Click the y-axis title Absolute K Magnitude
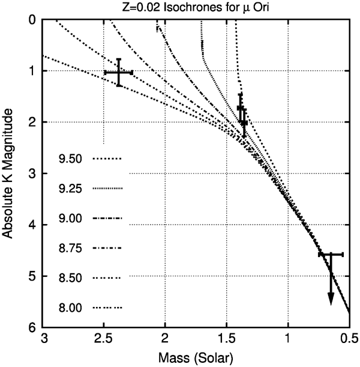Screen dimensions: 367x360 tap(9, 174)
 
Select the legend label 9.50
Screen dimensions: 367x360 tap(73, 160)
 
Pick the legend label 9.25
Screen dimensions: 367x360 tap(73, 189)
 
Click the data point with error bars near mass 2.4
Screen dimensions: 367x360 tap(119, 73)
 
